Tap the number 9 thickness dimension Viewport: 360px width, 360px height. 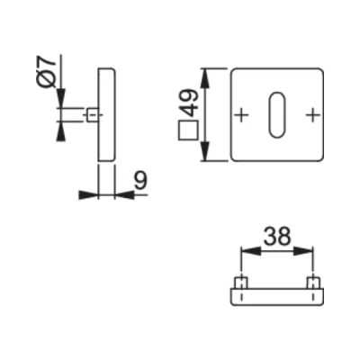tap(139, 180)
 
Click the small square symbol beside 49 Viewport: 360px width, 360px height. tap(188, 131)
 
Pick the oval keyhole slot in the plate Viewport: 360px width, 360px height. tap(276, 114)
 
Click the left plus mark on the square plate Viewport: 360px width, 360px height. tap(240, 114)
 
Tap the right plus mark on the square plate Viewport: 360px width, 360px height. tap(312, 114)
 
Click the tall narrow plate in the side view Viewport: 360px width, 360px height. tap(105, 114)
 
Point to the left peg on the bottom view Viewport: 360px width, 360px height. tap(240, 284)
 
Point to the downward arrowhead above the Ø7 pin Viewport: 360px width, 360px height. tap(59, 100)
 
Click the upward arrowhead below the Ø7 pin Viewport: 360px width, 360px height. tap(59, 130)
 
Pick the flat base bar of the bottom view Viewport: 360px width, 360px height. tap(276, 297)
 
